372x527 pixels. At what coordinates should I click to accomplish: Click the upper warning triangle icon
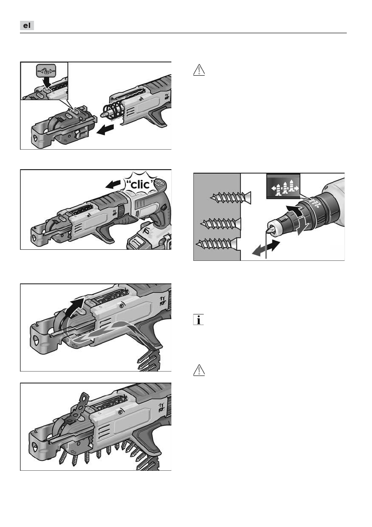click(x=199, y=70)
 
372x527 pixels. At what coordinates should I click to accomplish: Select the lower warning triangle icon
click(x=199, y=371)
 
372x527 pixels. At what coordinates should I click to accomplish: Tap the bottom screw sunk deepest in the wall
click(x=217, y=243)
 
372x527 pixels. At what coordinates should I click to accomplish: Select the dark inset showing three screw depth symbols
click(x=283, y=186)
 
